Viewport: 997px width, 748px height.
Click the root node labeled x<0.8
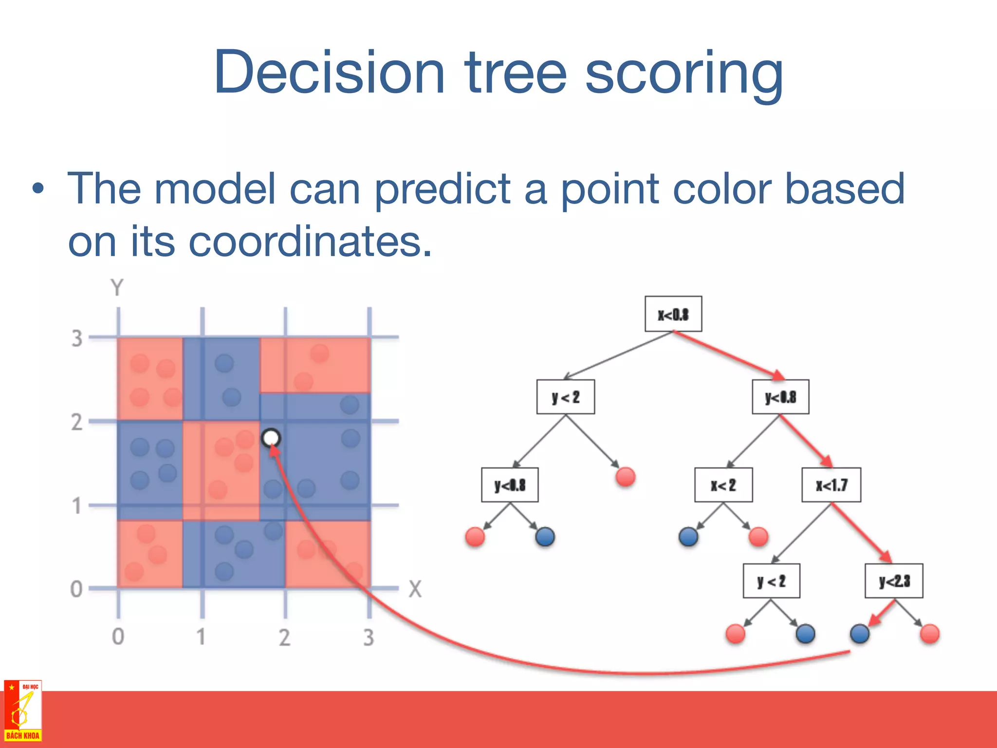(673, 314)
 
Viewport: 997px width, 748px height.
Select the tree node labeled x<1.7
(831, 485)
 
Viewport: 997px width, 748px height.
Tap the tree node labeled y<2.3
(894, 581)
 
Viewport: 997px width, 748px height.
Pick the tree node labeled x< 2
(723, 485)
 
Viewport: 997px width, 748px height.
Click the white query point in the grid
(271, 438)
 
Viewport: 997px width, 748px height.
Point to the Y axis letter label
(117, 288)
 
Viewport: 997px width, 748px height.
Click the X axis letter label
(415, 589)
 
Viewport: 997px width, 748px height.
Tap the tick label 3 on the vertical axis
(77, 338)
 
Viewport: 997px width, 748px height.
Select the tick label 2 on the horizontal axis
(284, 637)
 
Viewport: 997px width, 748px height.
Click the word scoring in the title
(683, 73)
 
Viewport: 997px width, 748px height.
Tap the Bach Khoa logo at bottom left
(22, 711)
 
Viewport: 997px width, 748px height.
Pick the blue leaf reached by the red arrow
(860, 634)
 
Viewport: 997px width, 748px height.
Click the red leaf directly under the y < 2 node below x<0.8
(625, 477)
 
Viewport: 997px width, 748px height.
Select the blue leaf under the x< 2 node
(688, 537)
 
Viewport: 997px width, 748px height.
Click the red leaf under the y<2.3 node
(929, 634)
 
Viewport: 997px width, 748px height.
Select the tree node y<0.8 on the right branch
(780, 397)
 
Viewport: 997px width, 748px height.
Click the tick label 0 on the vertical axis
(76, 589)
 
